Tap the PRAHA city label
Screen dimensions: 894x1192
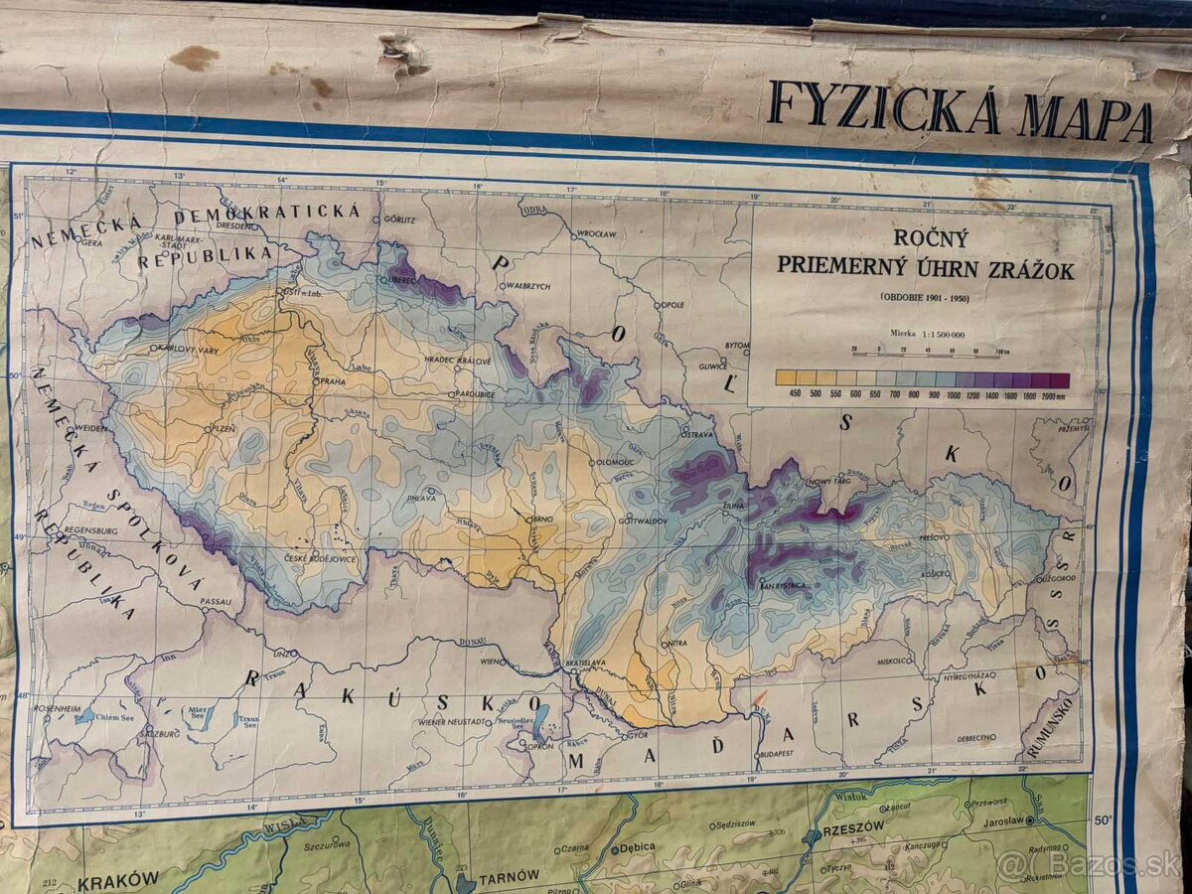tap(333, 381)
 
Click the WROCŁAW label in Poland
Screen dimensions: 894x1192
tap(595, 233)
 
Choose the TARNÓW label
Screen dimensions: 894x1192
tap(509, 876)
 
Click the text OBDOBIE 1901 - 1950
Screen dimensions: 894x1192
tap(926, 297)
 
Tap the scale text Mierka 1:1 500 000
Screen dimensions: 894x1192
tap(926, 335)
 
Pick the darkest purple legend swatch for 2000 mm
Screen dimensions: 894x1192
tap(1059, 379)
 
